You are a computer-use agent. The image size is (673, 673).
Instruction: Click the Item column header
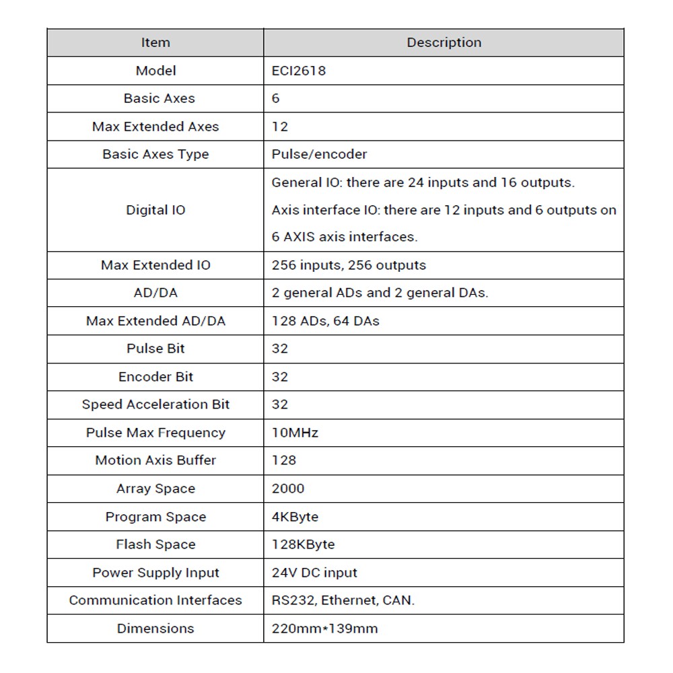pyautogui.click(x=155, y=42)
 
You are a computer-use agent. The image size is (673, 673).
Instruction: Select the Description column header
pyautogui.click(x=444, y=42)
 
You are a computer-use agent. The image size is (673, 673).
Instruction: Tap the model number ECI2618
pyautogui.click(x=298, y=71)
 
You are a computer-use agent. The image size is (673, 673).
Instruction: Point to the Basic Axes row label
pyautogui.click(x=159, y=98)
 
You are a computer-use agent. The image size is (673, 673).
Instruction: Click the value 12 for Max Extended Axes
pyautogui.click(x=279, y=127)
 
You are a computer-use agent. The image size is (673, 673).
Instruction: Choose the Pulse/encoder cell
pyautogui.click(x=319, y=154)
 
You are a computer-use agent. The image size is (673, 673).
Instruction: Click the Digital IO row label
pyautogui.click(x=155, y=210)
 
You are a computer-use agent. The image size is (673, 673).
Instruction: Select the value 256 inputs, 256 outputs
pyautogui.click(x=349, y=265)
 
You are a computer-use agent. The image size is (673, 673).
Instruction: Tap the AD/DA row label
pyautogui.click(x=155, y=293)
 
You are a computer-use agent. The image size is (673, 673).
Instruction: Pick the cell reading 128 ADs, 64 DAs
pyautogui.click(x=325, y=321)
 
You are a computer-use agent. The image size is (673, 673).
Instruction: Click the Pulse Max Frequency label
pyautogui.click(x=155, y=433)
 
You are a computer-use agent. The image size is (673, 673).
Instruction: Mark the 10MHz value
pyautogui.click(x=295, y=433)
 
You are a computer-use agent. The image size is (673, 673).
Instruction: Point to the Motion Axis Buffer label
pyautogui.click(x=155, y=460)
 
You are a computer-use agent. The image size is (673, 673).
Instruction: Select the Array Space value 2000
pyautogui.click(x=288, y=489)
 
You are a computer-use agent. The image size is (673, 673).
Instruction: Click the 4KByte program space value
pyautogui.click(x=295, y=517)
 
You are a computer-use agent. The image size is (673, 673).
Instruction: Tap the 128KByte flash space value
pyautogui.click(x=303, y=544)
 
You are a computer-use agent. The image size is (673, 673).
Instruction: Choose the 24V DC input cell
pyautogui.click(x=314, y=573)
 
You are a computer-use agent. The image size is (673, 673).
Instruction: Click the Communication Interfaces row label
pyautogui.click(x=155, y=600)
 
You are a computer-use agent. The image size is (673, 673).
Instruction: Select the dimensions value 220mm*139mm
pyautogui.click(x=324, y=629)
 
